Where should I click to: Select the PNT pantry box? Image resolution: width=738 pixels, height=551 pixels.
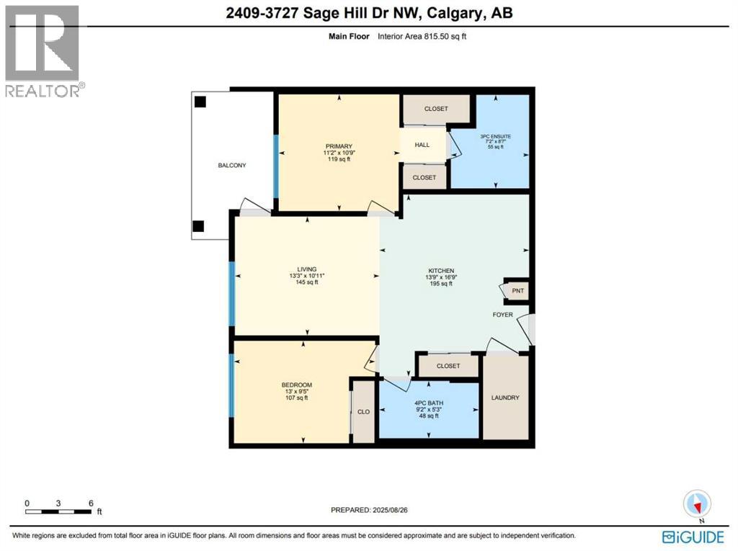517,291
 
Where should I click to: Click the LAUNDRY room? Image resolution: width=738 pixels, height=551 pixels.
504,398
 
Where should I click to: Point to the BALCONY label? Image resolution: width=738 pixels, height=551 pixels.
232,166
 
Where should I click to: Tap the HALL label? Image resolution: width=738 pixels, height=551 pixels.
422,145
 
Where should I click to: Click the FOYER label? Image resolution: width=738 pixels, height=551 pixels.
502,315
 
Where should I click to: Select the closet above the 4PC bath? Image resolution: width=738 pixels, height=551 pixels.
448,366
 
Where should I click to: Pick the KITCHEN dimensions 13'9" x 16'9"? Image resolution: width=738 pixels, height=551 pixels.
439,277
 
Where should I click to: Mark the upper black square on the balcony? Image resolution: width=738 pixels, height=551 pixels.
200,102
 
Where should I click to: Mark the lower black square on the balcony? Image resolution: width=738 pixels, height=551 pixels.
199,226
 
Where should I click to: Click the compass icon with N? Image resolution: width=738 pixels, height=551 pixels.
698,503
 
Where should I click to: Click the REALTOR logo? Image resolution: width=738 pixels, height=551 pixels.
44,50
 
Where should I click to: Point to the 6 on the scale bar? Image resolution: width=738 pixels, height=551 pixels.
91,503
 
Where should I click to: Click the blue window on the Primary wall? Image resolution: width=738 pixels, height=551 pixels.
275,166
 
